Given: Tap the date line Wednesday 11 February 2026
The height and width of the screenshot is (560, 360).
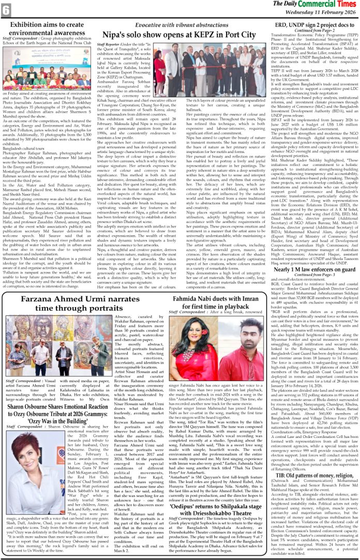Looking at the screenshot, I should pos(316,13).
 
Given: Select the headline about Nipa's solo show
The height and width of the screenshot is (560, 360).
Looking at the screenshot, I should pos(179,34).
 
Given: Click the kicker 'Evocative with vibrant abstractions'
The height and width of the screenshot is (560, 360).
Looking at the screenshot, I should pos(179,25).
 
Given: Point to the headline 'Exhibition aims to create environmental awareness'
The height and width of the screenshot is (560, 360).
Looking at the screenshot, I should pos(47,28).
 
